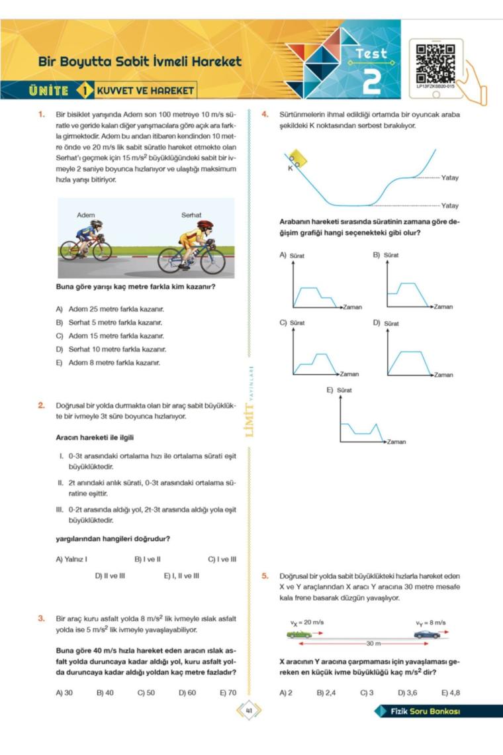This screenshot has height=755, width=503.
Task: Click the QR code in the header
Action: tap(435, 62)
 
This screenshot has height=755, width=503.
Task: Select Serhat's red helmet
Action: tap(205, 226)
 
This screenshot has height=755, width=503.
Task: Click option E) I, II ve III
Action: tap(181, 576)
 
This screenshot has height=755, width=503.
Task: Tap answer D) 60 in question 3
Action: tap(187, 693)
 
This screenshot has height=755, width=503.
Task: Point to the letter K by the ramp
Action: tap(290, 168)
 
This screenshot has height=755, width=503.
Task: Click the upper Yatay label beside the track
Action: tap(449, 177)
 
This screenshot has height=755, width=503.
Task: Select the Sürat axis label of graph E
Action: tap(344, 391)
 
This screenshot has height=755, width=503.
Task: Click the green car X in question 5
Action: tap(299, 634)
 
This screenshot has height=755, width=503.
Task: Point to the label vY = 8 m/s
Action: tap(430, 623)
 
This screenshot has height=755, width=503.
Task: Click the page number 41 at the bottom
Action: tap(250, 711)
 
